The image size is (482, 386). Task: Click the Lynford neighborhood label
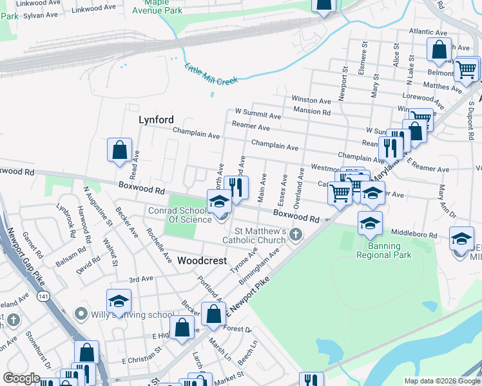coord(156,120)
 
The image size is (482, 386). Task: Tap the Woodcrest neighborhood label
coord(202,261)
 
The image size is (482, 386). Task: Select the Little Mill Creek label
coord(211,74)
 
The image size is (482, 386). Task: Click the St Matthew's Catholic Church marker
coord(296,234)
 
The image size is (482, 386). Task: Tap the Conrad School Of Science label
coord(189,214)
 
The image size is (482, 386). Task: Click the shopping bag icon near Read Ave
coord(119,151)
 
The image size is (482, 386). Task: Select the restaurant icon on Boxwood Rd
coord(236,188)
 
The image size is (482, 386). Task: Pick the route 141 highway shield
coord(43,295)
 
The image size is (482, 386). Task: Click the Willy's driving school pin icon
coord(81,314)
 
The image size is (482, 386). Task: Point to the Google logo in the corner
coord(21,378)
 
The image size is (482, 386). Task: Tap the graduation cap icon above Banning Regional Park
coord(370,223)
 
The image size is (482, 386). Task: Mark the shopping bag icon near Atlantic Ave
coord(438,50)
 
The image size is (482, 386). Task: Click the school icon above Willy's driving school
coord(119,301)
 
